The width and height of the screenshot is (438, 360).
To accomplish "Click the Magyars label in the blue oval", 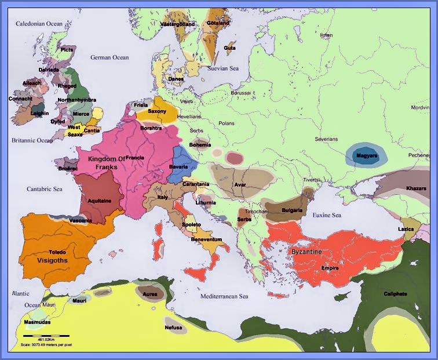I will tap(366, 156).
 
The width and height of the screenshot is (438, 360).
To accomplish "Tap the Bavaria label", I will tap(178, 167).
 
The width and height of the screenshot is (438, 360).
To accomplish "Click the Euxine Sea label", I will tap(326, 215).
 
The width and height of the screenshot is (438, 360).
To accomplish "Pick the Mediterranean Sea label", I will tap(224, 296).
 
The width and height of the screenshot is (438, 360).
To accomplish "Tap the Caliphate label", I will tap(395, 293).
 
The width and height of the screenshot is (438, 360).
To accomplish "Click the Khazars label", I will tap(416, 188).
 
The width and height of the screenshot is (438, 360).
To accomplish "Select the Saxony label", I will tap(157, 111).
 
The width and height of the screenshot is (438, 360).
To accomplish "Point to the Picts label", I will tap(67, 50).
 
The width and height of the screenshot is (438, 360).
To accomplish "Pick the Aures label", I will tap(149, 294).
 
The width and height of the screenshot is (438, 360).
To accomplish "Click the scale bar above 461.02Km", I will tap(46, 335).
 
